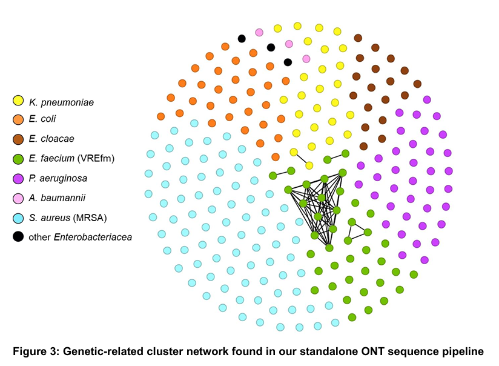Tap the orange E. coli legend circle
pyautogui.click(x=19, y=119)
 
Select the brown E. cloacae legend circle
pyautogui.click(x=19, y=139)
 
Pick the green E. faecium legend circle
pyautogui.click(x=19, y=159)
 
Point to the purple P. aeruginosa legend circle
pyautogui.click(x=19, y=178)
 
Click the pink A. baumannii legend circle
pyautogui.click(x=19, y=198)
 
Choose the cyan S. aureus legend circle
pyautogui.click(x=19, y=217)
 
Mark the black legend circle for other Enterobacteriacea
pyautogui.click(x=19, y=236)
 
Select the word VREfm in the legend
pyautogui.click(x=100, y=159)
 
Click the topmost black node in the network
pyautogui.click(x=242, y=39)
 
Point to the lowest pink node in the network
pyautogui.click(x=306, y=59)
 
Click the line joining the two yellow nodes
pyautogui.click(x=302, y=159)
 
